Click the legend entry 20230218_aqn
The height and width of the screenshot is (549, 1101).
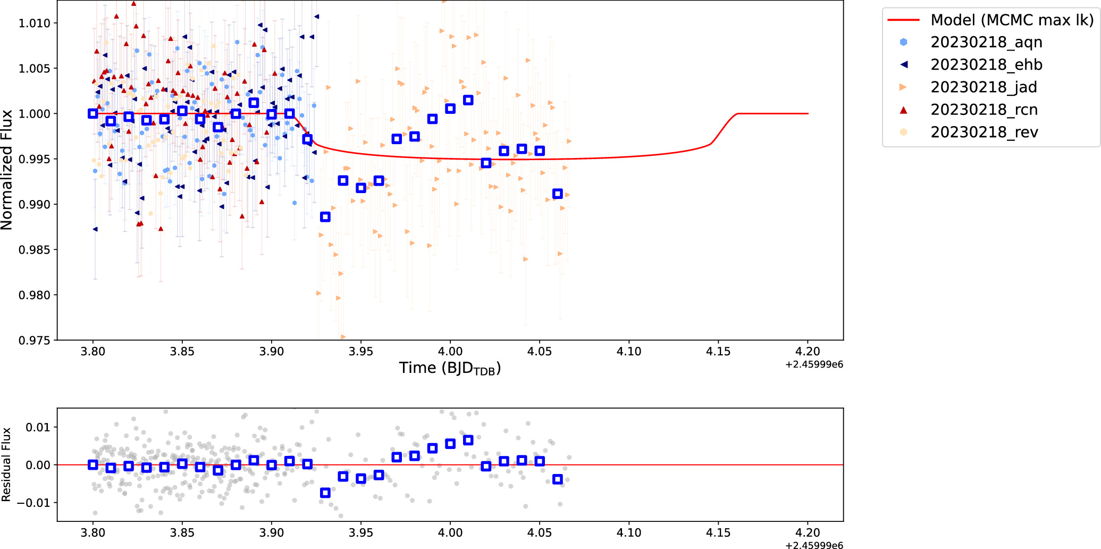[986, 42]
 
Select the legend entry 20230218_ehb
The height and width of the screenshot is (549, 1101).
[986, 64]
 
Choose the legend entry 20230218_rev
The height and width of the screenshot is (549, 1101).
[984, 132]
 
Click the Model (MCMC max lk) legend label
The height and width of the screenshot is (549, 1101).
[1012, 20]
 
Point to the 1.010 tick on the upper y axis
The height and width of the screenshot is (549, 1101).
[34, 23]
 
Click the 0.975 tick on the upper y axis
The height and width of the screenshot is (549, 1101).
[34, 340]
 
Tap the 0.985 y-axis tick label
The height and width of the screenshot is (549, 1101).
[34, 250]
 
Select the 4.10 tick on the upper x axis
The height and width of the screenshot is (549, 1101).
[629, 352]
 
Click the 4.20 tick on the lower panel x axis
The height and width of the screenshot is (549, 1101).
[808, 533]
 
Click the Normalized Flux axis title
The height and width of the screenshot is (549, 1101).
[7, 170]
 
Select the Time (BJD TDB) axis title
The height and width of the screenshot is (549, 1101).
[450, 368]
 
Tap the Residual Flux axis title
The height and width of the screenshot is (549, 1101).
[6, 464]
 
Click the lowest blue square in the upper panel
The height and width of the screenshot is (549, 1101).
[325, 217]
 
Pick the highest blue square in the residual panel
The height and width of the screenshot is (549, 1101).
[468, 440]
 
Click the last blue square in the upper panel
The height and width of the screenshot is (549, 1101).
[557, 194]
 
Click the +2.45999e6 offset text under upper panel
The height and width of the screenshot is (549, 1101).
[814, 365]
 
